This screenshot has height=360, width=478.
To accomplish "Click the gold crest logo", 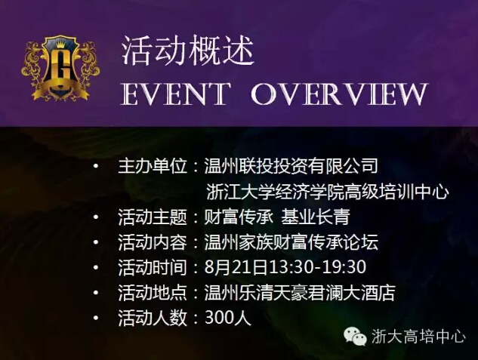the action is pos(60,68).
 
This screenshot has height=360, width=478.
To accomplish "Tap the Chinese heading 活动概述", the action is pos(188,51).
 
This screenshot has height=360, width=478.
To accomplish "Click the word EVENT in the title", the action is pos(175,94).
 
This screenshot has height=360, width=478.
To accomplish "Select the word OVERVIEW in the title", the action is pos(339,94).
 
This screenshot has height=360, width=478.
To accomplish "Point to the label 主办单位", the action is pos(153,166).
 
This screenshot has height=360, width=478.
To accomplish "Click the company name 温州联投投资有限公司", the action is pos(291,166).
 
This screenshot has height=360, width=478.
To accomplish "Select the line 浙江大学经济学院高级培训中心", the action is pos(328,192).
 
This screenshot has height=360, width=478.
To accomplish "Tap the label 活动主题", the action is pos(153,217).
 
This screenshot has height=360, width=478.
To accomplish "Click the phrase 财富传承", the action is pos(238,217).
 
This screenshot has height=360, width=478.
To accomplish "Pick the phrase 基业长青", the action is pos(316,217).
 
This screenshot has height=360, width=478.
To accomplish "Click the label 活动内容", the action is pos(153,242).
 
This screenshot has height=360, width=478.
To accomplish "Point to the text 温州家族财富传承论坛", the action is pos(291,242).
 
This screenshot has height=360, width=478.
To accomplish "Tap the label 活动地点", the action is pos(153,293).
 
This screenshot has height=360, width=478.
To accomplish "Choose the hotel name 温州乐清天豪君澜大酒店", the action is pos(300,293).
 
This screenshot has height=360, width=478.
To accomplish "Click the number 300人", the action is pos(228,318).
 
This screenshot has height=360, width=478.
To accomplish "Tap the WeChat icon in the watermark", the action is pos(356,336).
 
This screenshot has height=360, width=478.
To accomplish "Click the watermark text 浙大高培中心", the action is pos(418,337).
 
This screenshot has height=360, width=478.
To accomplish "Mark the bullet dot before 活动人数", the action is pos(96,318).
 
